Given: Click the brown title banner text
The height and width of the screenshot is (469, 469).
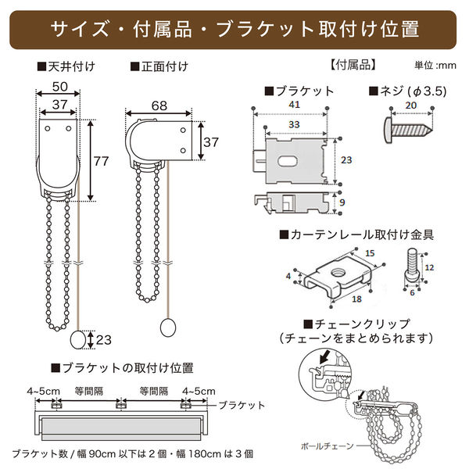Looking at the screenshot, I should click(234, 29).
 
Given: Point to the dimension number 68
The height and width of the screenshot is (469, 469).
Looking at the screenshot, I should click(159, 104).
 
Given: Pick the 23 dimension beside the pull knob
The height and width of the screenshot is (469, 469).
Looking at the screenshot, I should click(103, 339).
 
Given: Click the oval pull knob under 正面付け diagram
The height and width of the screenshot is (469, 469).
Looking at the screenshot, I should click(166, 327).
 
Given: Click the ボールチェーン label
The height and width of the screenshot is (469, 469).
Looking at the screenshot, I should click(328, 446).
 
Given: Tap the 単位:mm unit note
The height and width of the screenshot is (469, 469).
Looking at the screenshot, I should click(435, 66).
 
